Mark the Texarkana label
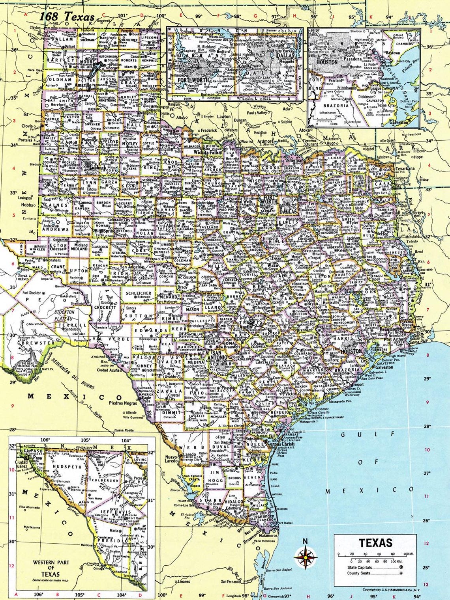402,169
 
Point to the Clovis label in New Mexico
27,126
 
